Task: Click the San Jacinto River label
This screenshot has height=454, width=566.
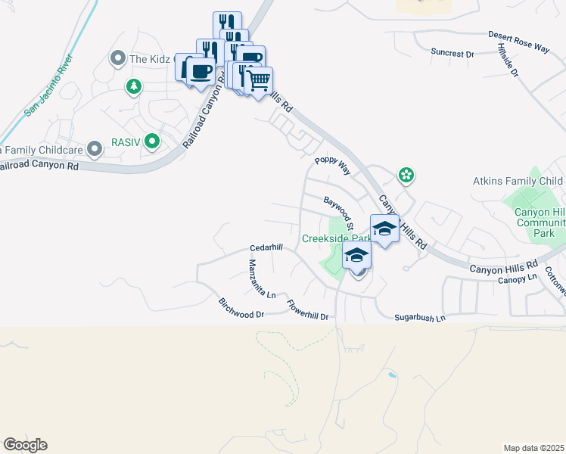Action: click(49, 85)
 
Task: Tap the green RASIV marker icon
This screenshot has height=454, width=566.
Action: click(152, 140)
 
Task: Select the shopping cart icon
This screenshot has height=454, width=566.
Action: click(260, 79)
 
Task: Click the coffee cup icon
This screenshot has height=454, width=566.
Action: click(201, 71)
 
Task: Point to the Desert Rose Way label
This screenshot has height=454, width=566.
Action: click(518, 41)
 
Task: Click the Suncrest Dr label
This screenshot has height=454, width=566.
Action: click(452, 54)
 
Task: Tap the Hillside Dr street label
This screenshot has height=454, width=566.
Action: click(508, 61)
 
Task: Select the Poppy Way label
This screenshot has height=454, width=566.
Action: click(333, 166)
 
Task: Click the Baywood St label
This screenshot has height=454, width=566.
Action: click(339, 213)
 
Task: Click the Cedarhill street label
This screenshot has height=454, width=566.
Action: click(266, 248)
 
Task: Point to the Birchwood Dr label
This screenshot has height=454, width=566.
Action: click(241, 309)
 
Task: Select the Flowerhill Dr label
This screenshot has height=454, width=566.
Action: click(308, 311)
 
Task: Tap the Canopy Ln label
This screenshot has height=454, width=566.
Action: click(517, 278)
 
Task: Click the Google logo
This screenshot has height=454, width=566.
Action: click(25, 445)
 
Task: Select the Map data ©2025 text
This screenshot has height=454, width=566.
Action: click(533, 448)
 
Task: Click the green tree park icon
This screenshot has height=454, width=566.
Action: click(134, 86)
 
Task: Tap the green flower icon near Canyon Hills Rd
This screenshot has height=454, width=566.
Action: click(406, 176)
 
